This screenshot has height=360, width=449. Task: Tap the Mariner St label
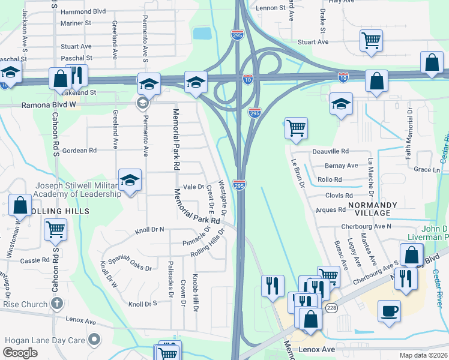point(76,23)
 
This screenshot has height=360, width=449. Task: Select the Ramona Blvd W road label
point(49,104)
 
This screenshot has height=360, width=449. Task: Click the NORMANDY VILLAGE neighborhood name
point(372,209)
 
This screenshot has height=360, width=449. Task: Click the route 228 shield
point(331,307)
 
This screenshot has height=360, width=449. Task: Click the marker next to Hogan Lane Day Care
point(93,340)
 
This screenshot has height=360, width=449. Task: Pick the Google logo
point(20,353)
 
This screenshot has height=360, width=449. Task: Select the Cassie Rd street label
point(34,260)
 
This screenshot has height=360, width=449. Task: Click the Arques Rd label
point(331,210)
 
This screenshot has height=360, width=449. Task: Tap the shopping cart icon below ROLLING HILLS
point(55,229)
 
